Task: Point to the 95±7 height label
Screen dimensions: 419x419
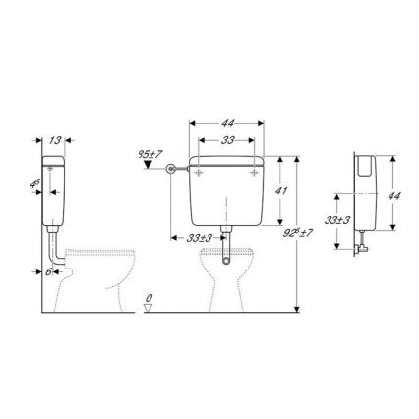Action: [150, 154]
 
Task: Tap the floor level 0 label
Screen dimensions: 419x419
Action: [149, 296]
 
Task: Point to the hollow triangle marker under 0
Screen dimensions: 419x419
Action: [148, 307]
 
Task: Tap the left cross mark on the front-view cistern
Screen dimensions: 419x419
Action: [201, 171]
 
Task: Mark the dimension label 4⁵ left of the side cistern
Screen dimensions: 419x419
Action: [33, 183]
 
